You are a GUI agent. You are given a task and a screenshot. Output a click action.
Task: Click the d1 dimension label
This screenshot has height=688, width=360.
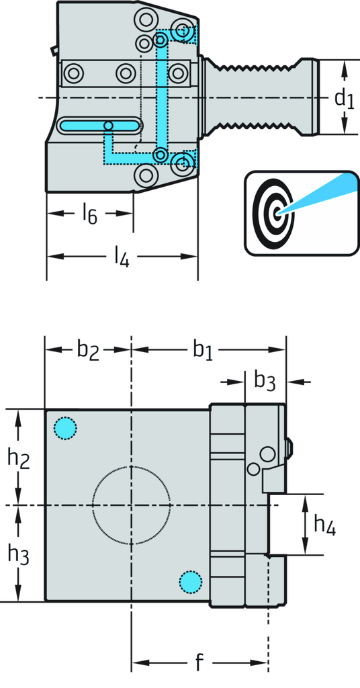tap(344, 99)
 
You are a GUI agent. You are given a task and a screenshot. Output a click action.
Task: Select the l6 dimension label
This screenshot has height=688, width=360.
tap(90, 214)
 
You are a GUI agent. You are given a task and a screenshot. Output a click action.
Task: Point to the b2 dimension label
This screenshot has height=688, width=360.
tap(88, 349)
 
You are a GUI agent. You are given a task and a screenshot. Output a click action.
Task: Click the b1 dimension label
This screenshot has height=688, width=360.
tap(203, 349)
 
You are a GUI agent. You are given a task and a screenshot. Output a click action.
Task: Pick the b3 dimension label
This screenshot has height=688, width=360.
tap(265, 382)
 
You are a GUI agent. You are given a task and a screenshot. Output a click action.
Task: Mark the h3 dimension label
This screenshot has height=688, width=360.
tap(18, 554)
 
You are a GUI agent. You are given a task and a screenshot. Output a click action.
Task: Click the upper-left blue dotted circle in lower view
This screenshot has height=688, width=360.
tap(65, 427)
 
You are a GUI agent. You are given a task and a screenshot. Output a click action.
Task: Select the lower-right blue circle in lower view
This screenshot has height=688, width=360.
tap(191, 580)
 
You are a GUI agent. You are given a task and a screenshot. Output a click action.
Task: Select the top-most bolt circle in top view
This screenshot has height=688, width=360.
tap(145, 16)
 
